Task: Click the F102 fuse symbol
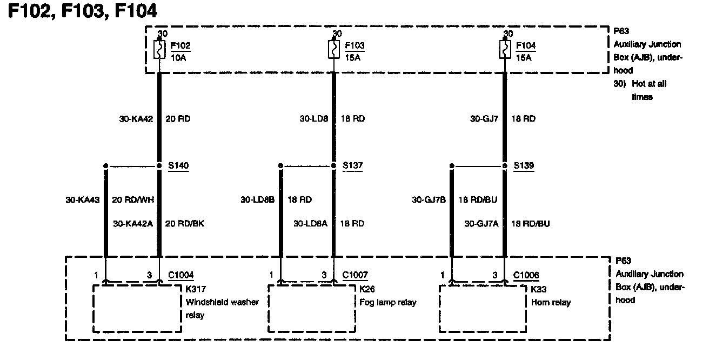tap(160, 50)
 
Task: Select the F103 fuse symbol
tap(333, 50)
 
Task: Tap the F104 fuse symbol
tap(505, 50)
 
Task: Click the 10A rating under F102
tap(178, 57)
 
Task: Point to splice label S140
tap(179, 166)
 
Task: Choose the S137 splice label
tap(353, 166)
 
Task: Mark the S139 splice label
tap(524, 166)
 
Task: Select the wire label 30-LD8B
tap(258, 199)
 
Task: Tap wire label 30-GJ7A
tap(481, 223)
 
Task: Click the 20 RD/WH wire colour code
tap(133, 199)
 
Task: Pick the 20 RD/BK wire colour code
tap(184, 223)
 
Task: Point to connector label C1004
tap(180, 275)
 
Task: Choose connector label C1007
tap(355, 275)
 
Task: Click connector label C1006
tap(526, 275)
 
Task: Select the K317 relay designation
tap(195, 289)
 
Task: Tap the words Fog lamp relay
tap(387, 302)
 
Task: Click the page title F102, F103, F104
tap(82, 11)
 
